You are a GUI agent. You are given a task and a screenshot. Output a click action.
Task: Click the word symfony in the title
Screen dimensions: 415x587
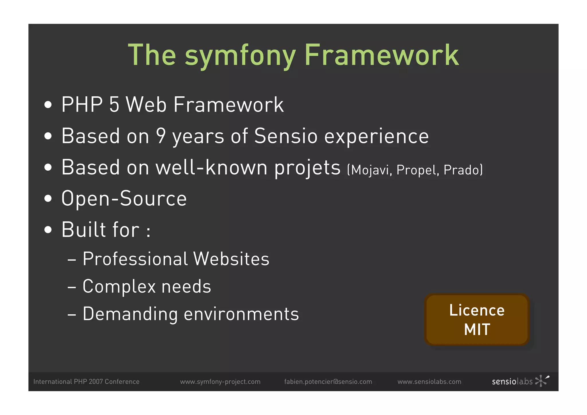(240, 56)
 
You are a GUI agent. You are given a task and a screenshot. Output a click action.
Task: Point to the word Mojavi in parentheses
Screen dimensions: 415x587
(370, 170)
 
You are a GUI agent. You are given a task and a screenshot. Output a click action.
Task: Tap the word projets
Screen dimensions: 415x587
(307, 168)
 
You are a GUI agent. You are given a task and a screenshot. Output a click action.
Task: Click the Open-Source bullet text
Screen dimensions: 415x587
(124, 198)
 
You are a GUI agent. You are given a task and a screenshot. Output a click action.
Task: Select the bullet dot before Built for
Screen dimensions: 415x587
(48, 230)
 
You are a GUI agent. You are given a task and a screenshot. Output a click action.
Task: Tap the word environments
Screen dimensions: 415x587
(241, 314)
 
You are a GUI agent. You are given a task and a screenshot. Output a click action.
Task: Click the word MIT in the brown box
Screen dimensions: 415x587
(477, 329)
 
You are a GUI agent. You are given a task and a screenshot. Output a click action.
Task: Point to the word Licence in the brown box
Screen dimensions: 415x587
(477, 310)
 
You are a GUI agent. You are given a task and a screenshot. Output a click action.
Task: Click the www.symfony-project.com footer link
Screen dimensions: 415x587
(220, 382)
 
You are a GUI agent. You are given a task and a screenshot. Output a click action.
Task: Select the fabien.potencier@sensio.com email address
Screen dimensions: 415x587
(328, 382)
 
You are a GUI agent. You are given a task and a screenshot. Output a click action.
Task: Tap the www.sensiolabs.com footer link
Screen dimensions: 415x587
(429, 382)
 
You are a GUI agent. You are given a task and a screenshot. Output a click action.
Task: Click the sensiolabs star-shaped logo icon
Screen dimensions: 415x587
(541, 381)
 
